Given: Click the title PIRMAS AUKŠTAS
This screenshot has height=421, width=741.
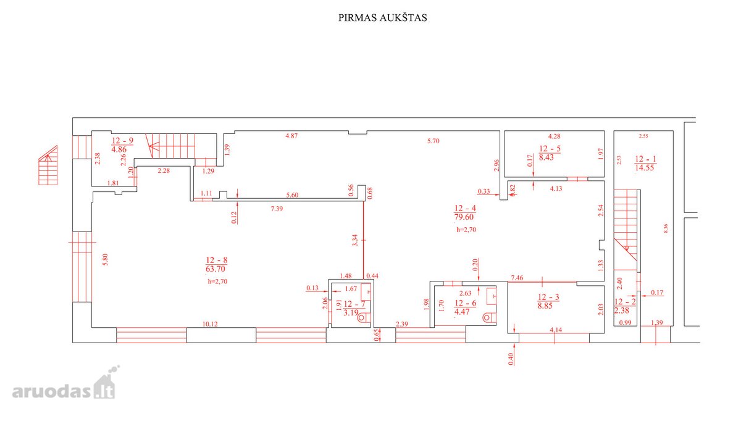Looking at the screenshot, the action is tap(382, 18).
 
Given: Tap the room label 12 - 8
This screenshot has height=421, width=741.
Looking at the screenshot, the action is tap(216, 260).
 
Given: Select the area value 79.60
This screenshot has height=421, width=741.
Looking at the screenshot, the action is tap(464, 217).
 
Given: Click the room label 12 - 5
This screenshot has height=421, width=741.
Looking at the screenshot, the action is tap(550, 149).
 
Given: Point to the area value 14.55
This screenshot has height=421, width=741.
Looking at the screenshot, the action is tap(645, 168).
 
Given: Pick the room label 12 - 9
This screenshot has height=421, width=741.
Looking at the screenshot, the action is tap(123, 141).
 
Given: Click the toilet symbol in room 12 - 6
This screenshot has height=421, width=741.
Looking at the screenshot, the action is tap(488, 318).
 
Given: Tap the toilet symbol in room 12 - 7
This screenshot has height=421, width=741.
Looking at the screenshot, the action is tap(364, 318).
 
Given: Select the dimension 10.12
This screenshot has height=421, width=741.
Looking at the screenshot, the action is tap(210, 324).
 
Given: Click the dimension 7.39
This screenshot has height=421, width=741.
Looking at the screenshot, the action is tap(277, 209).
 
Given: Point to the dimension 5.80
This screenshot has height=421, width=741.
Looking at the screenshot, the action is tap(105, 260).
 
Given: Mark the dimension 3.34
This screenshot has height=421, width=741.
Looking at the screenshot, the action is tap(355, 240).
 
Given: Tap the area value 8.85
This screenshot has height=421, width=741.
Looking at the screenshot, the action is tap(545, 306).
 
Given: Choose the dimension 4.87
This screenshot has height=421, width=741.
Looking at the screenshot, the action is tap(291, 136).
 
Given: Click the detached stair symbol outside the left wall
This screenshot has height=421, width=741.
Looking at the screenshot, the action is tap(48, 165).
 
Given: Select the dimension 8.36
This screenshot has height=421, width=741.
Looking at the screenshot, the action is tap(666, 228).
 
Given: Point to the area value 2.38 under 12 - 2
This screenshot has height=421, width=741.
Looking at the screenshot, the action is tap(622, 311).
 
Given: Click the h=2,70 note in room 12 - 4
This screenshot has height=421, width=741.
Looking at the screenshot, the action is tap(466, 230).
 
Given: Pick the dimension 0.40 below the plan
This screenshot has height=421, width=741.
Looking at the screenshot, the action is tap(511, 359).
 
